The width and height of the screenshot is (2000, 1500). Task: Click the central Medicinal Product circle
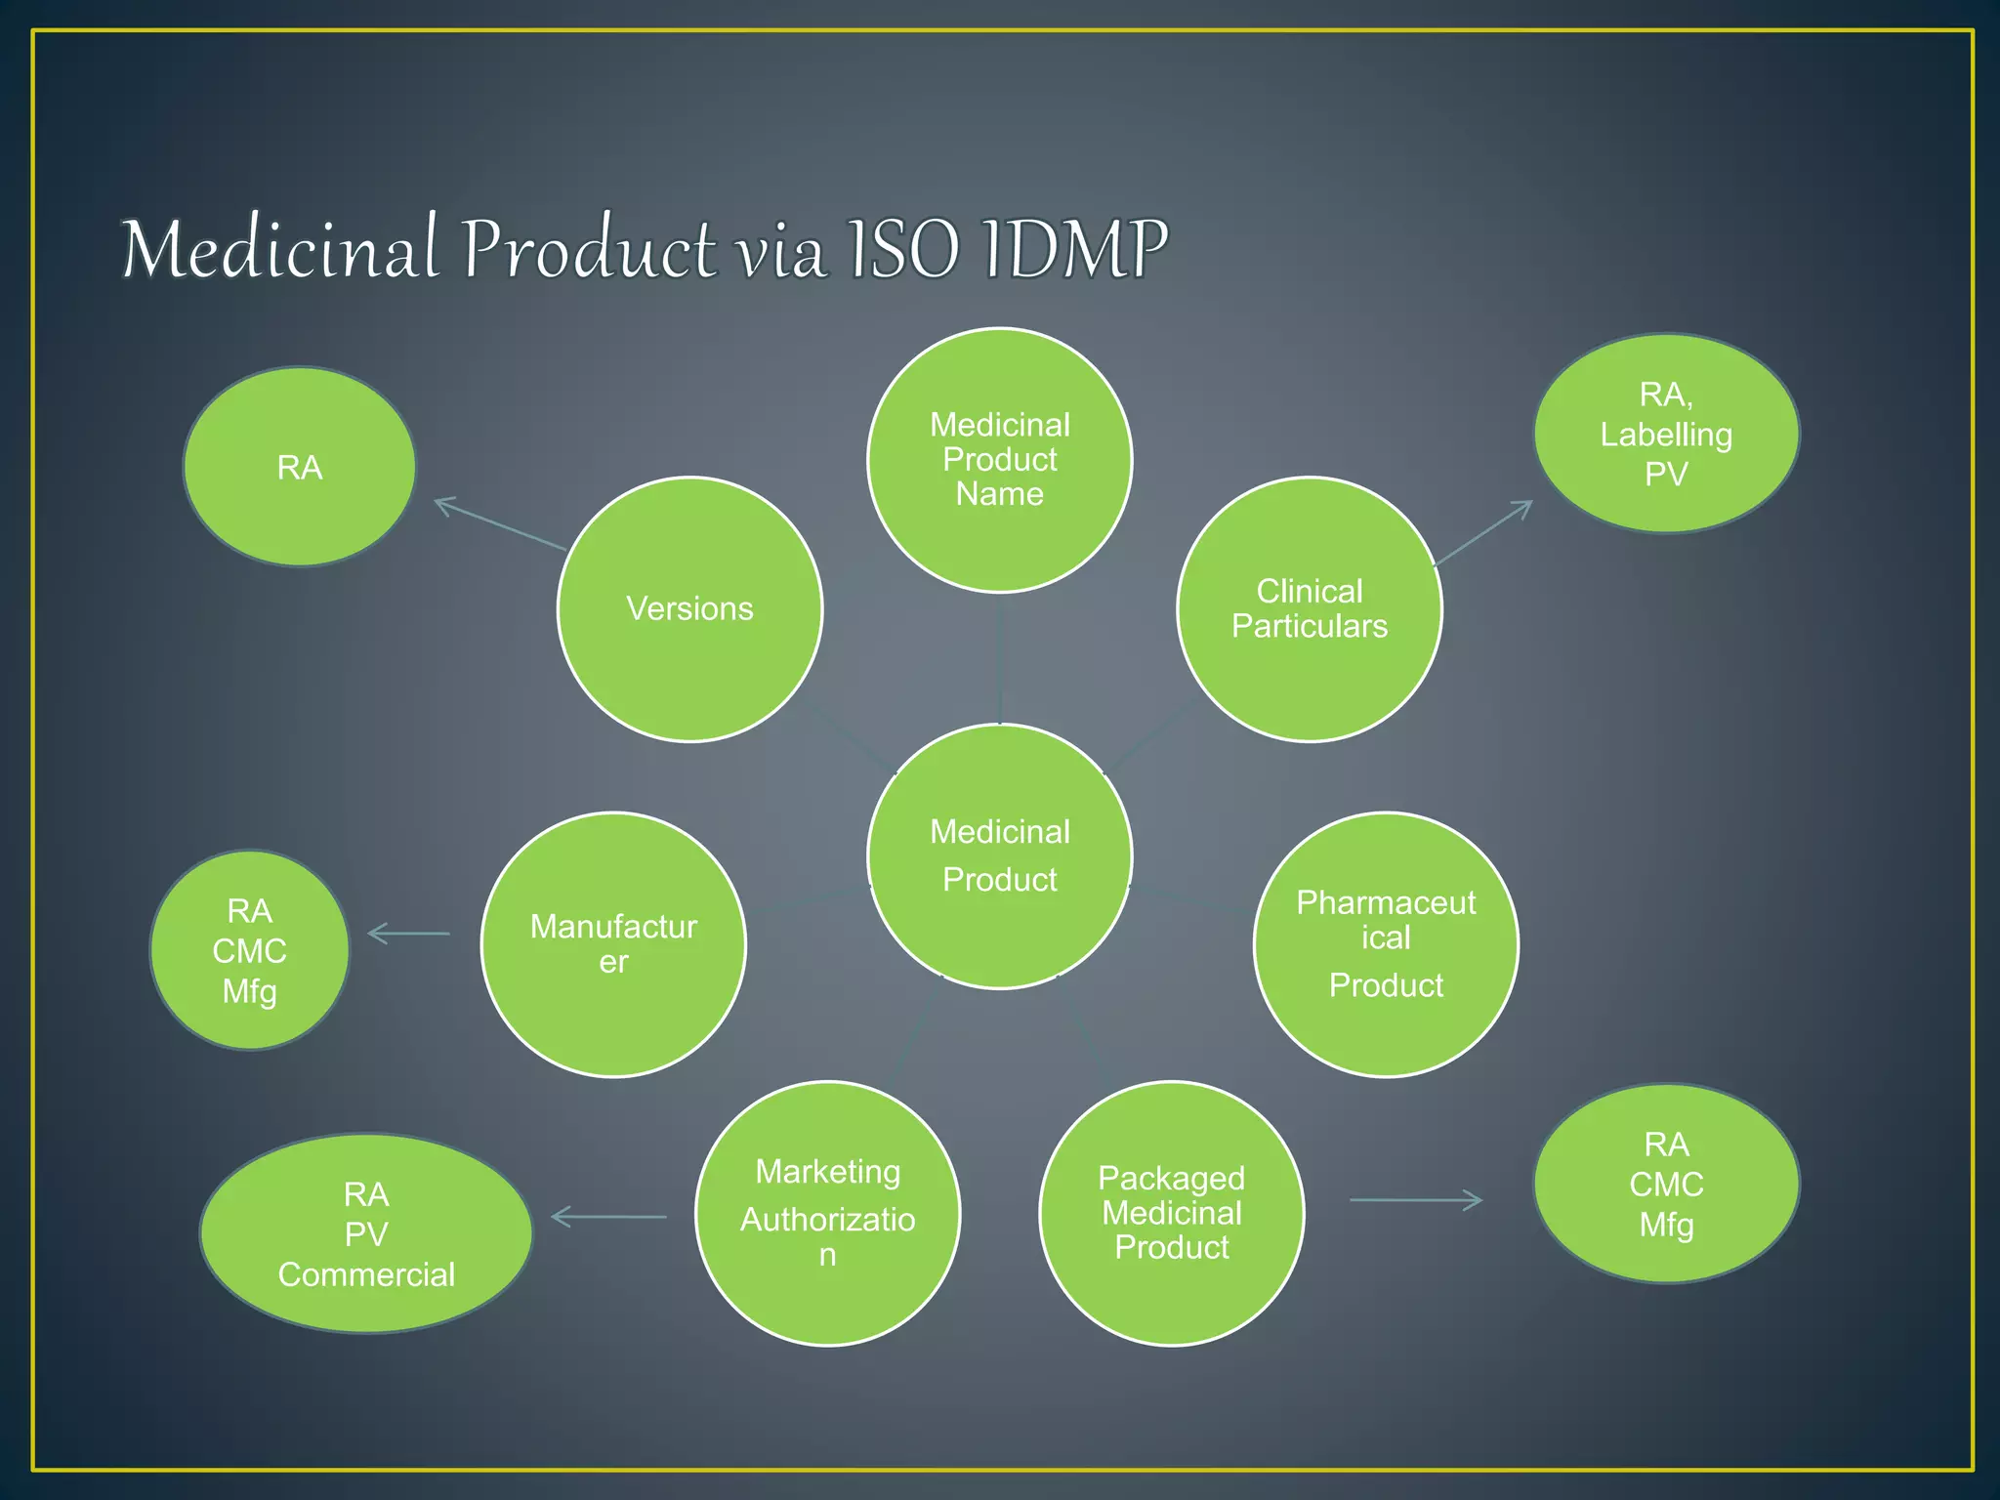pyautogui.click(x=999, y=855)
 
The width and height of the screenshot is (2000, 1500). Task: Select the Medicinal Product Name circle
pyautogui.click(x=999, y=459)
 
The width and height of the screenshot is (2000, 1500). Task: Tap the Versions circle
pyautogui.click(x=689, y=609)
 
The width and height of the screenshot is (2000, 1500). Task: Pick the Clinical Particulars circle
pyautogui.click(x=1309, y=609)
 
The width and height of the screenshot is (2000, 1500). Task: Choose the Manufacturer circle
pyautogui.click(x=613, y=944)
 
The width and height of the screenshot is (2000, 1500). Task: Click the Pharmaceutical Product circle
pyautogui.click(x=1386, y=944)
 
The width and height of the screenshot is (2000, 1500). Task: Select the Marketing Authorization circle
pyautogui.click(x=827, y=1213)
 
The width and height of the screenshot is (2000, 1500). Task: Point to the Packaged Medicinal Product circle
pyautogui.click(x=1171, y=1213)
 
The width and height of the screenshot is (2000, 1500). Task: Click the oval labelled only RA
pyautogui.click(x=299, y=467)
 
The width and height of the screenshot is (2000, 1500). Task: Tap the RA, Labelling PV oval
pyautogui.click(x=1666, y=434)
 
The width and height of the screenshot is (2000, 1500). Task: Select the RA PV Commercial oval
pyautogui.click(x=366, y=1233)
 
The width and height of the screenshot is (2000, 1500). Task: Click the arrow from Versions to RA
pyautogui.click(x=499, y=523)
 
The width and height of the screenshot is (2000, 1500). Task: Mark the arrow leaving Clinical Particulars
pyautogui.click(x=1482, y=533)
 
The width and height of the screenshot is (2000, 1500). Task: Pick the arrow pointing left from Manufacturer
pyautogui.click(x=409, y=934)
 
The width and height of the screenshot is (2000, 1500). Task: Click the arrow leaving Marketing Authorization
pyautogui.click(x=608, y=1217)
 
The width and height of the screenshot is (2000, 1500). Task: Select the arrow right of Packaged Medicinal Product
pyautogui.click(x=1416, y=1200)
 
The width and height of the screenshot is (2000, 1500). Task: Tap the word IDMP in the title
pyautogui.click(x=1074, y=249)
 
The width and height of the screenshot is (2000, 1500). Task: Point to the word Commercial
pyautogui.click(x=366, y=1274)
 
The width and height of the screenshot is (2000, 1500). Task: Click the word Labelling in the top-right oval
pyautogui.click(x=1666, y=435)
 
